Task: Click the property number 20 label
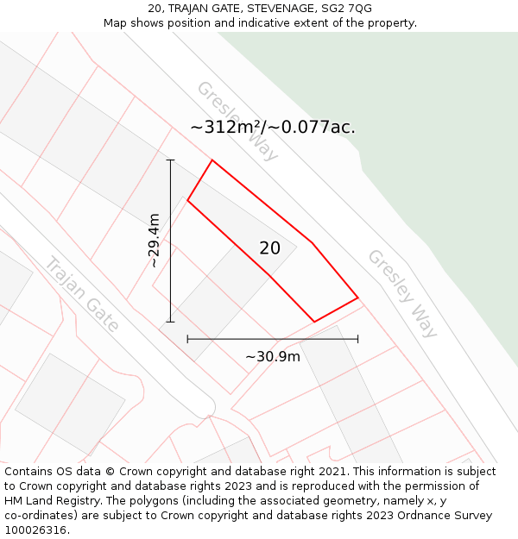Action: point(269,248)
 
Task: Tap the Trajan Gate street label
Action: point(82,293)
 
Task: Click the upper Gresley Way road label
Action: point(237,121)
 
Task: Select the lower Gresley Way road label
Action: point(402,293)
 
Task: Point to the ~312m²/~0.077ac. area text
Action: point(273,128)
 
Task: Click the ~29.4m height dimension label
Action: point(154,241)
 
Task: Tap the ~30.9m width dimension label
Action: point(272,356)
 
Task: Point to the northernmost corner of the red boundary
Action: point(212,160)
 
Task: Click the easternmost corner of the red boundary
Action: point(357,298)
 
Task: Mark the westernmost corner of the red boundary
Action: point(187,201)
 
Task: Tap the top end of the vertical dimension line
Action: point(170,160)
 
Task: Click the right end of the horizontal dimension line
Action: point(357,340)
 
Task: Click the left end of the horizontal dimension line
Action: point(187,340)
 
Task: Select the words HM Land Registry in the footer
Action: point(50,501)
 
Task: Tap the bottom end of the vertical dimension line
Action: point(170,322)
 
